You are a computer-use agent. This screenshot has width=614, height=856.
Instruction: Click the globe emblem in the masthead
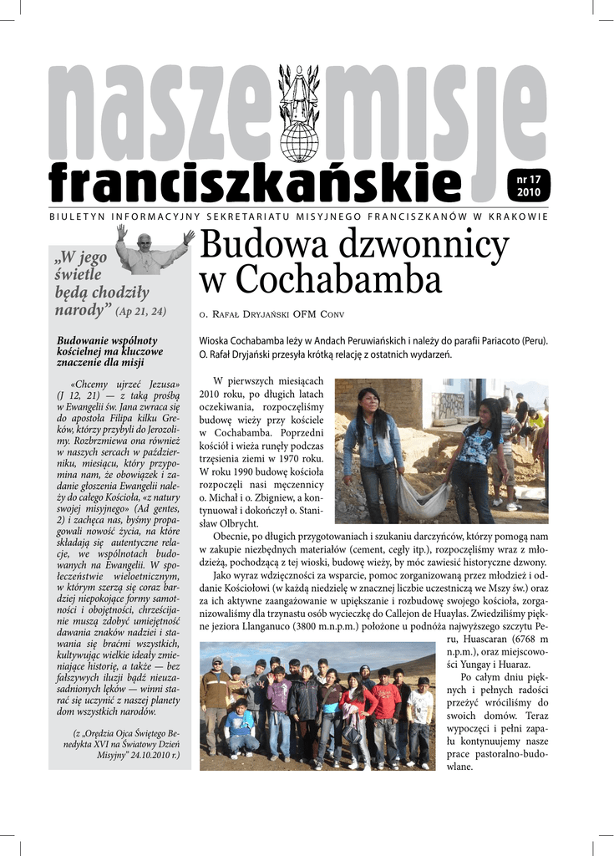point(298,141)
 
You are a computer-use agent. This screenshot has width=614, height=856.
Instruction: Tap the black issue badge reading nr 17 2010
point(528,186)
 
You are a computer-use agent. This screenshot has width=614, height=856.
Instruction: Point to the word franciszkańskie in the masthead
point(254,181)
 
